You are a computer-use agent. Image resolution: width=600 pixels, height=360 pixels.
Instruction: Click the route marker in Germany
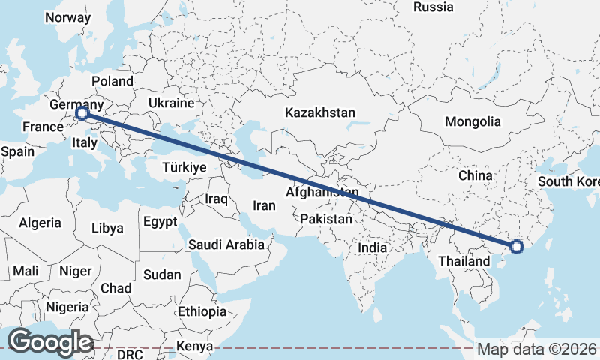click(x=82, y=114)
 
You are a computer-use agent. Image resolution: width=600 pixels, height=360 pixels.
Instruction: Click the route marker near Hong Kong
click(x=517, y=246)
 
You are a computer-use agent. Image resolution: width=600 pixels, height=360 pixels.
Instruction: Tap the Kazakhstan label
click(x=319, y=112)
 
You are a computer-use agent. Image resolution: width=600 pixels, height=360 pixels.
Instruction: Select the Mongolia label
click(x=472, y=121)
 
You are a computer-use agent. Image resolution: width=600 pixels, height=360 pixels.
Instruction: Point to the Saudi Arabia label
click(x=226, y=244)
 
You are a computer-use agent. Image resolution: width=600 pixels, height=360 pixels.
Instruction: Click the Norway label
click(x=67, y=17)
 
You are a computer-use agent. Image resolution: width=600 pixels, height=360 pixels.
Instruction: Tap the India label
click(x=372, y=247)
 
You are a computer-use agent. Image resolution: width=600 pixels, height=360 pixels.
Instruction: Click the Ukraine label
click(x=171, y=103)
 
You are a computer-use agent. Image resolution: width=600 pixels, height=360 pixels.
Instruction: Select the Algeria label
click(x=40, y=223)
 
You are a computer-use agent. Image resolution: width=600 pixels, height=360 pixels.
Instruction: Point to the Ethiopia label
click(x=202, y=311)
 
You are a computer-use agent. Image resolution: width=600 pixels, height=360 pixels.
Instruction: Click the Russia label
click(x=433, y=7)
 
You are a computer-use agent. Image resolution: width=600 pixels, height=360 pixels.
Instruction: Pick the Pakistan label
click(x=326, y=220)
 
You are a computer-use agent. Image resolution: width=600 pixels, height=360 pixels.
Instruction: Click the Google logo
click(x=50, y=342)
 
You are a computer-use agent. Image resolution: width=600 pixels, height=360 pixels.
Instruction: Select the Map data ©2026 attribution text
click(x=536, y=349)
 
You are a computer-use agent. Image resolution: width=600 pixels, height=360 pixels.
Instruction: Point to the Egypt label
click(x=160, y=222)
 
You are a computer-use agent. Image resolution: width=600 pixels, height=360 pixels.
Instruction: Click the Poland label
click(x=112, y=81)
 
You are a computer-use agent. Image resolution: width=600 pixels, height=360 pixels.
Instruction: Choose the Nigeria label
click(x=67, y=307)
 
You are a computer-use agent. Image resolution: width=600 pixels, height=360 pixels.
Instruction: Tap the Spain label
click(x=18, y=151)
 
